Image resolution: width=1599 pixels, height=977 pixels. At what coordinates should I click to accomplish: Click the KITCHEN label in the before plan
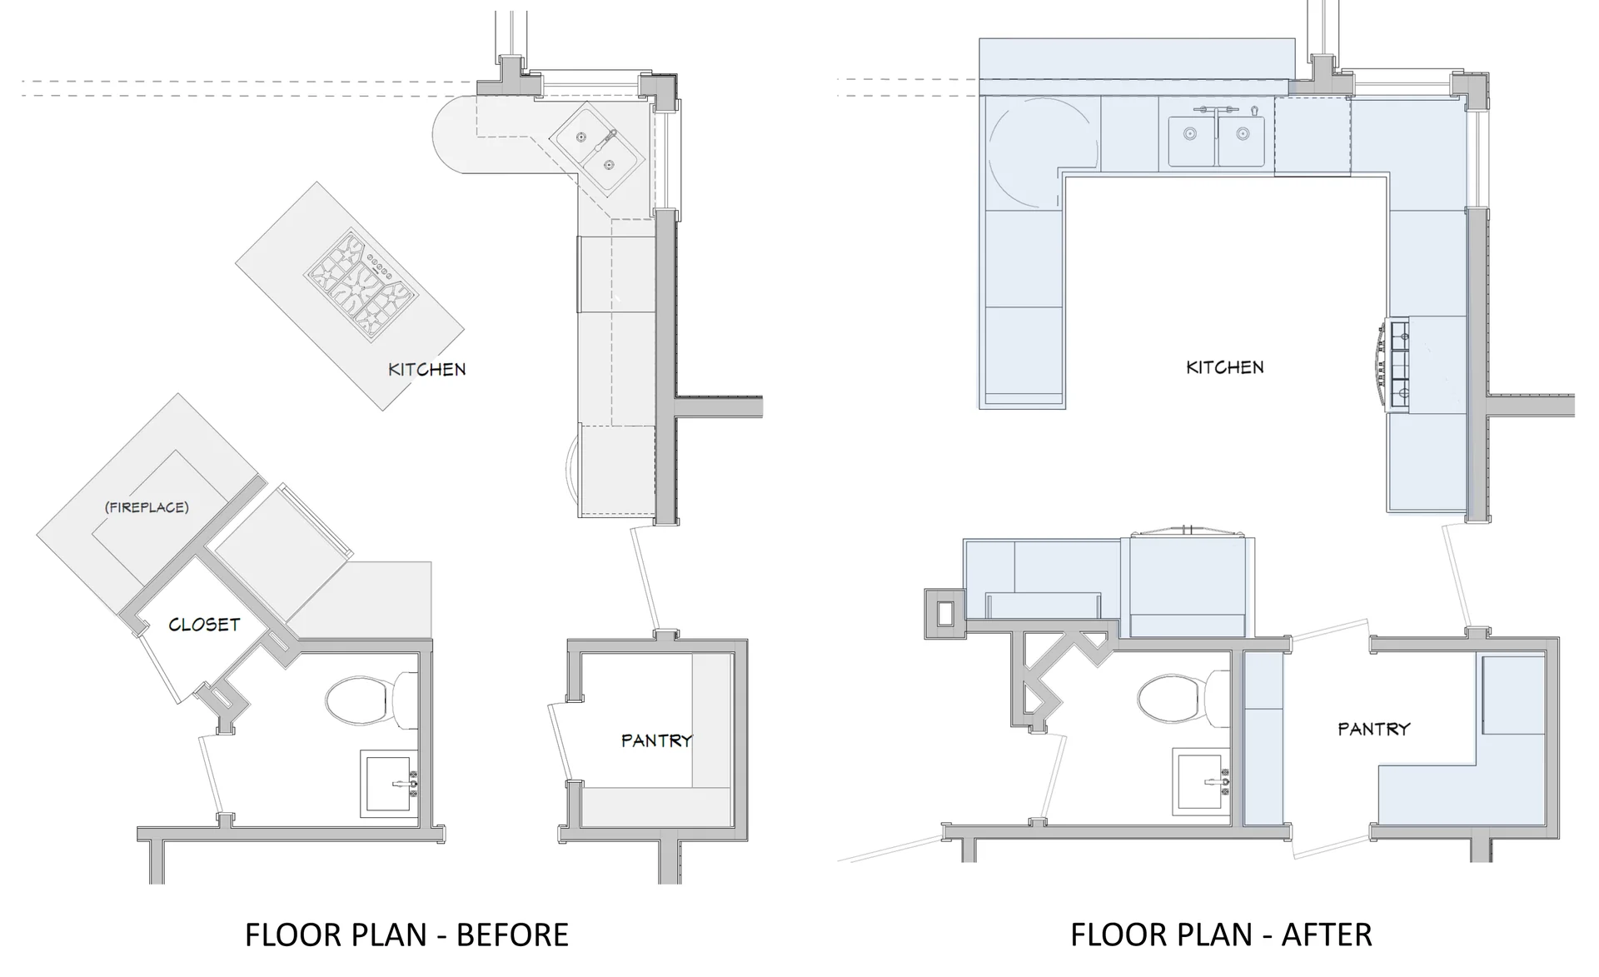[x=426, y=369]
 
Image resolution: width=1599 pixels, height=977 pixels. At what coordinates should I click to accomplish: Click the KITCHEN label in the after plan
[x=1224, y=366]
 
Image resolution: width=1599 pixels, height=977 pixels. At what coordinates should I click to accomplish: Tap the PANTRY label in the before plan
[x=656, y=740]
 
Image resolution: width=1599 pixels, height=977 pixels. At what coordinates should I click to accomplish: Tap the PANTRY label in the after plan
[x=1373, y=729]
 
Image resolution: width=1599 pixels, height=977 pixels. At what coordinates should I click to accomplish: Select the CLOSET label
[x=204, y=625]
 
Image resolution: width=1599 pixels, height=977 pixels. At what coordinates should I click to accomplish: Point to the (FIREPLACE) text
[x=147, y=507]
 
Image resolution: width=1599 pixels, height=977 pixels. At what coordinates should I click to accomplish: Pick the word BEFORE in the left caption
[x=512, y=935]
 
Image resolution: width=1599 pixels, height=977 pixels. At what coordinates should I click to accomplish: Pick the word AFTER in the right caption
[x=1326, y=935]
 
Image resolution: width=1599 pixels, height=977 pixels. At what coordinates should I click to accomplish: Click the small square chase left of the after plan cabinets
[x=944, y=613]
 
